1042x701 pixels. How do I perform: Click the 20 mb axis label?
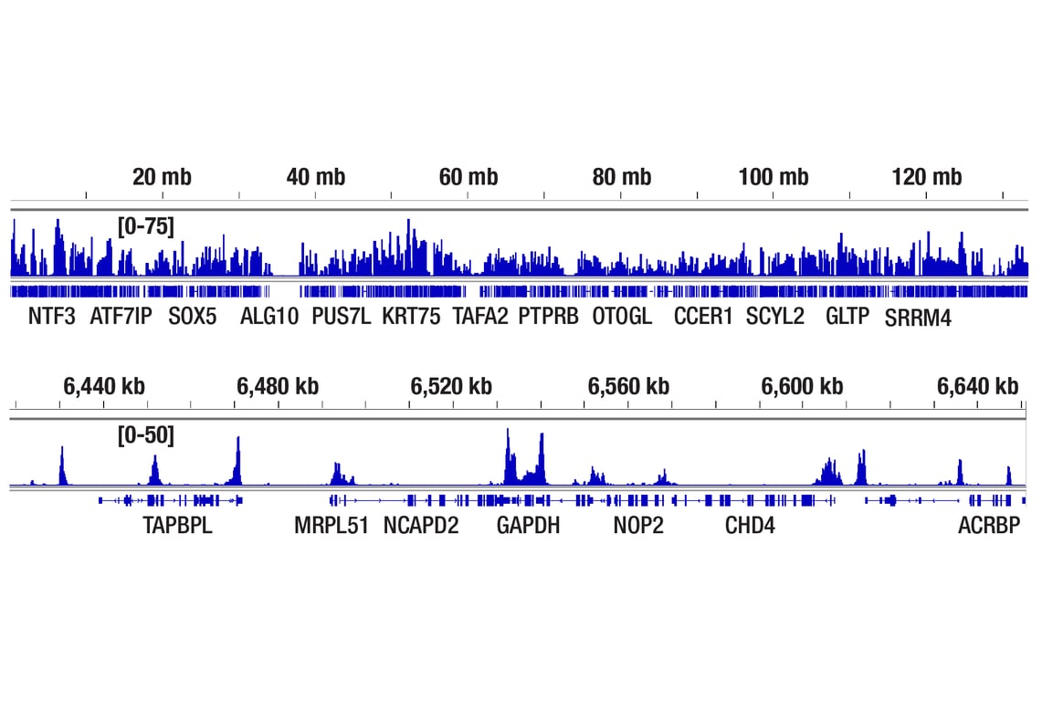(x=162, y=177)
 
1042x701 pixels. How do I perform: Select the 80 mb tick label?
(x=621, y=177)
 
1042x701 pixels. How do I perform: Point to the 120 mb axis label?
(x=927, y=177)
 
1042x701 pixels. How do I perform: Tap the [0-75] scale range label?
(x=145, y=225)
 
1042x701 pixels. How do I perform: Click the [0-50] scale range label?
(x=145, y=435)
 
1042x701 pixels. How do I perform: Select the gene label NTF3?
(x=52, y=317)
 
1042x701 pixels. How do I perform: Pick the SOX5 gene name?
(x=193, y=317)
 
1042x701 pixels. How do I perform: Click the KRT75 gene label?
(x=411, y=317)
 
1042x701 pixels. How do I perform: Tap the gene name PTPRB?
(x=548, y=317)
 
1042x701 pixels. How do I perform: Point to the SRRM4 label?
(x=918, y=319)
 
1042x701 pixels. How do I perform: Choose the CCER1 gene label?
(x=703, y=317)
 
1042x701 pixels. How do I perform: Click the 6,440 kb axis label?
(x=103, y=386)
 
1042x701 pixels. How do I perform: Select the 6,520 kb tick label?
(x=451, y=386)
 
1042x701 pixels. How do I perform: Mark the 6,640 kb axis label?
(x=977, y=386)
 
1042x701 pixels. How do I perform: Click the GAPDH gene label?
(x=528, y=526)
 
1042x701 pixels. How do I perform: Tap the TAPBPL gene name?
(x=177, y=526)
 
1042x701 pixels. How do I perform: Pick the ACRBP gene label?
(x=988, y=526)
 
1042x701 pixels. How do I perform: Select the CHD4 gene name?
(x=750, y=526)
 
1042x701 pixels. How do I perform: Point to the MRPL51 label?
(x=332, y=526)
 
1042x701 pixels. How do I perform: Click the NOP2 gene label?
(x=638, y=526)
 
